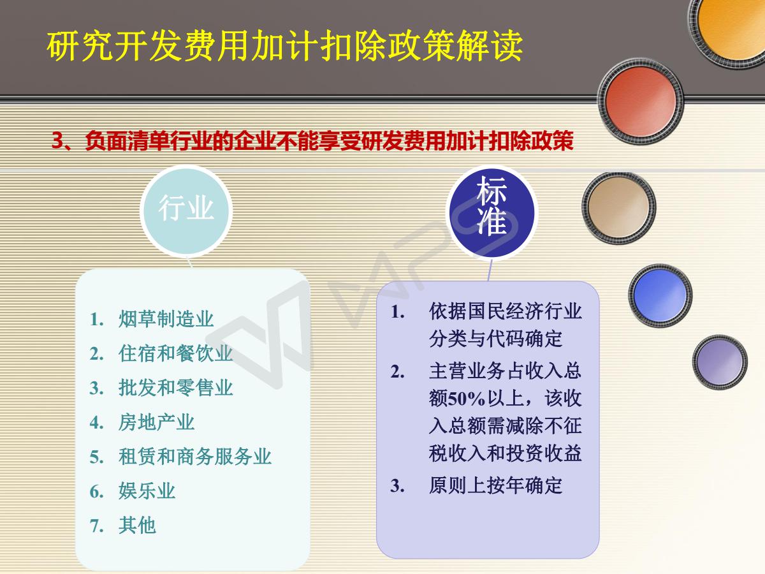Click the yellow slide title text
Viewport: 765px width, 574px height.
(x=285, y=46)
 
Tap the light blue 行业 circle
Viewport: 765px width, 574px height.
(x=186, y=211)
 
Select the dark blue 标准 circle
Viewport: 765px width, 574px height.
(x=492, y=212)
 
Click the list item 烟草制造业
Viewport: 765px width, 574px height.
(x=166, y=319)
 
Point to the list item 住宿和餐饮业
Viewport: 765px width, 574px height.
(x=176, y=353)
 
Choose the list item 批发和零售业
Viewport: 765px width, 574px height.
(x=176, y=388)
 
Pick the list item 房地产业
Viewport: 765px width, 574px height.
(x=156, y=422)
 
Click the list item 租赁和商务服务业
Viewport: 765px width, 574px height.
(x=195, y=457)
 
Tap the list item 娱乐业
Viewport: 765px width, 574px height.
(x=147, y=491)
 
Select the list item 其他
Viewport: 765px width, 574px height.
(x=137, y=525)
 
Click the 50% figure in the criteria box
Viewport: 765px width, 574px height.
(x=466, y=399)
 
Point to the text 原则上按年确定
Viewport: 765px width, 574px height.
(x=495, y=485)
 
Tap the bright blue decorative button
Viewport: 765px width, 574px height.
(x=660, y=295)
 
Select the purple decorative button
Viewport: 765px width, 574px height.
(x=720, y=362)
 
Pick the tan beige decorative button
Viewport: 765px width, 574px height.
(x=618, y=208)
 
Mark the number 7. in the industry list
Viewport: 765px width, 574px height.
(x=96, y=526)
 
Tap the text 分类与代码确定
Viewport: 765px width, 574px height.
(x=495, y=338)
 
